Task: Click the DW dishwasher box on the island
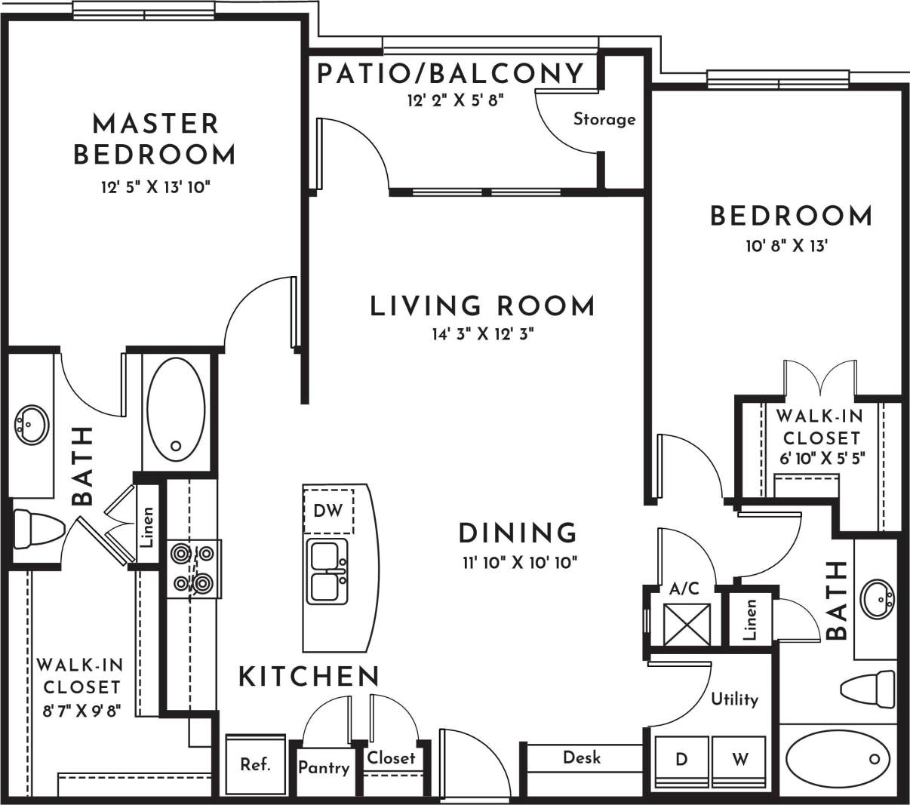(x=327, y=511)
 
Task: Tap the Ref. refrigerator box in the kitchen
(x=255, y=764)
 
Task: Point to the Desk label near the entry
(x=582, y=757)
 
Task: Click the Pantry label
(x=324, y=768)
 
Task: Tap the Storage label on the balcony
(x=604, y=119)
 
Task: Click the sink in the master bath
(x=31, y=425)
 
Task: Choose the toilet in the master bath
(x=38, y=529)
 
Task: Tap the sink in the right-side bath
(x=877, y=599)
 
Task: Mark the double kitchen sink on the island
(x=327, y=571)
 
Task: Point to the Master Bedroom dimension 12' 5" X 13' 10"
(x=154, y=186)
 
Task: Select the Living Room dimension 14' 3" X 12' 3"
(x=483, y=334)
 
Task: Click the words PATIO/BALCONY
(x=450, y=74)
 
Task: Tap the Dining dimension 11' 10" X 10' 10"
(x=518, y=562)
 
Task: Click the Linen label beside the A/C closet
(x=749, y=620)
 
